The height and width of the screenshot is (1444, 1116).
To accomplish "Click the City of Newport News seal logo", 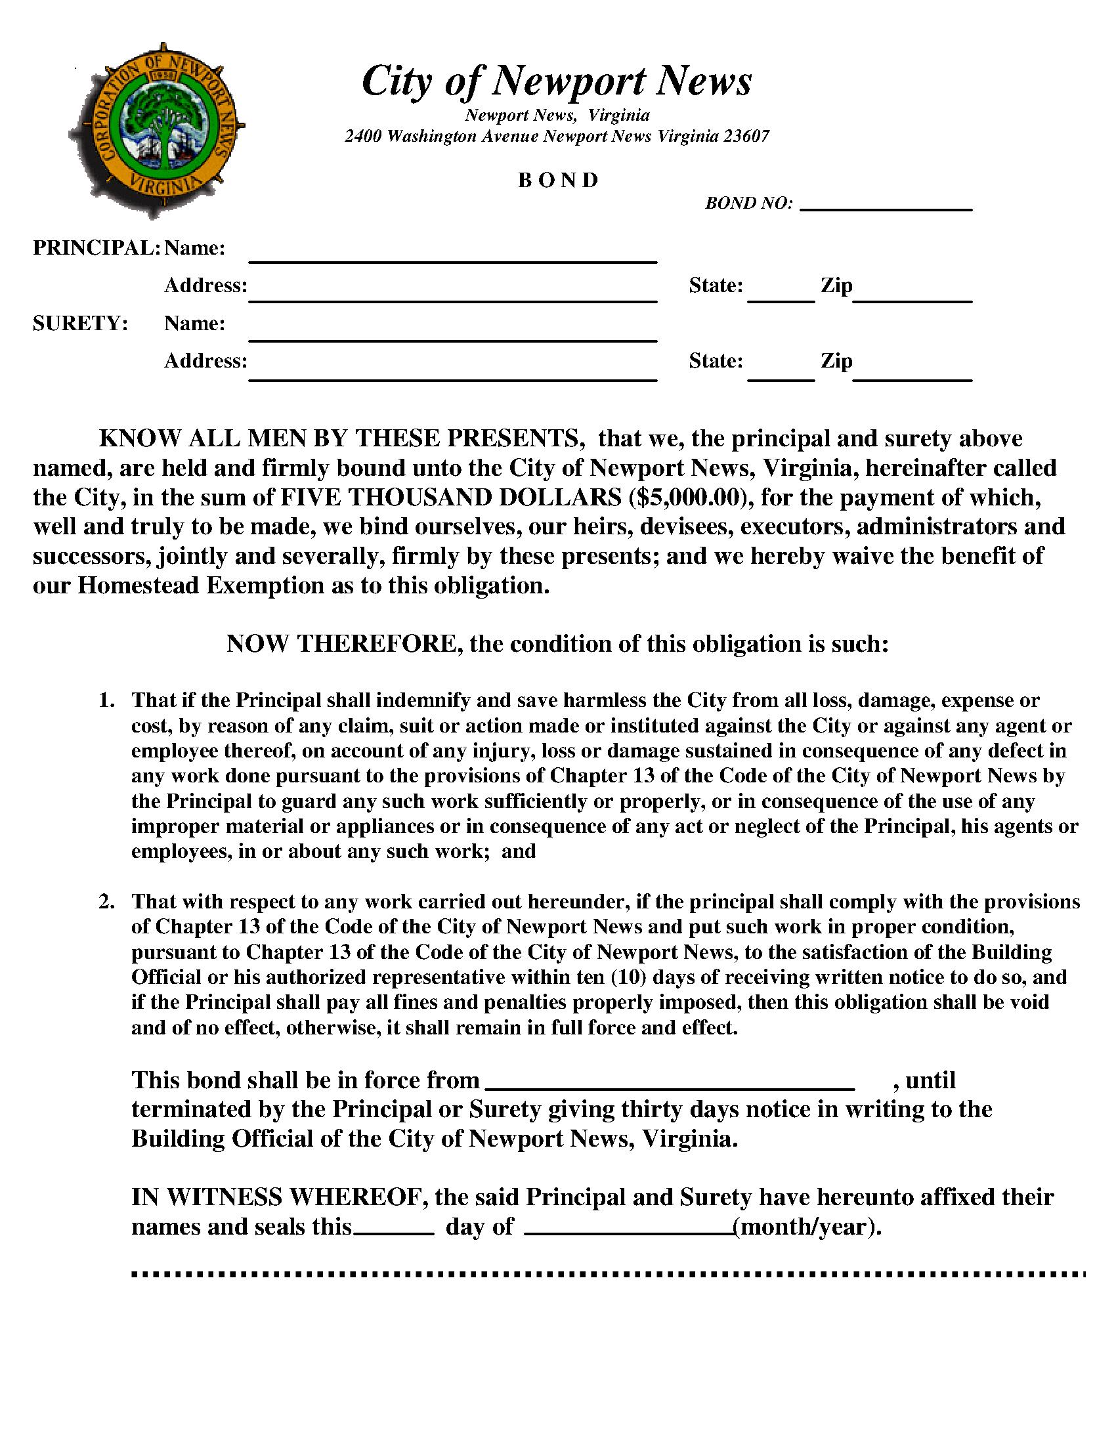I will click(157, 130).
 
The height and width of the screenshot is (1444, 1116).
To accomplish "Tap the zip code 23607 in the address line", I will click(746, 137).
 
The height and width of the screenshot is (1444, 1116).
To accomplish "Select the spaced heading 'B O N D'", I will click(558, 180).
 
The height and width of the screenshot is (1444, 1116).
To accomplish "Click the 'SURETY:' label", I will click(80, 324).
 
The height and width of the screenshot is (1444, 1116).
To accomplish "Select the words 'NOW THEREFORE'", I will click(344, 643).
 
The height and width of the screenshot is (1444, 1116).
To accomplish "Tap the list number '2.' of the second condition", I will click(107, 901).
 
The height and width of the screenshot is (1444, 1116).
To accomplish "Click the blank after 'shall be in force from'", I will click(670, 1082).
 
